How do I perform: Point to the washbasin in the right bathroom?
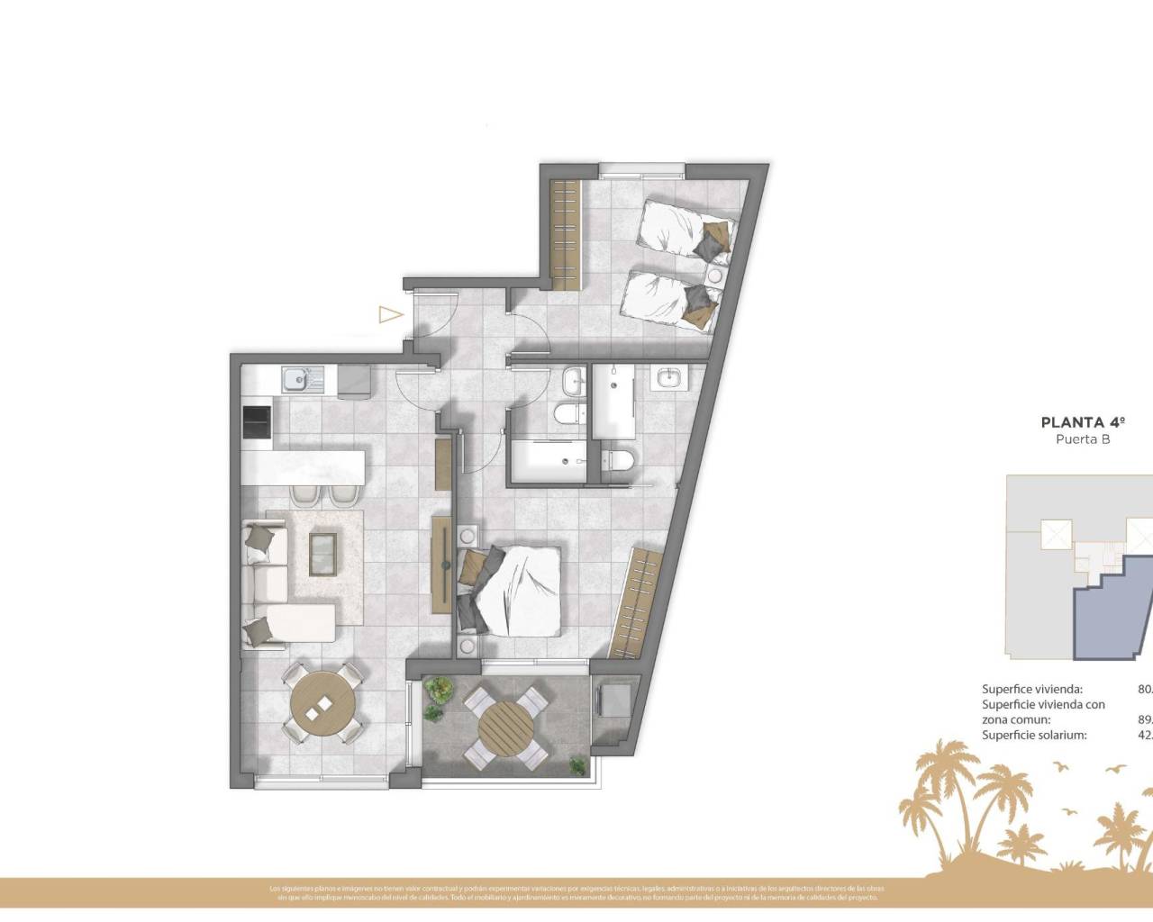(x=668, y=378)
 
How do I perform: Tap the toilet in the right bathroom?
(x=618, y=458)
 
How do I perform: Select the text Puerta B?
(x=1081, y=439)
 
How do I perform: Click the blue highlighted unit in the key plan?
(x=1108, y=612)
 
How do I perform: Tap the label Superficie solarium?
(x=1034, y=735)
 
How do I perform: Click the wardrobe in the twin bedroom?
(x=565, y=234)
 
